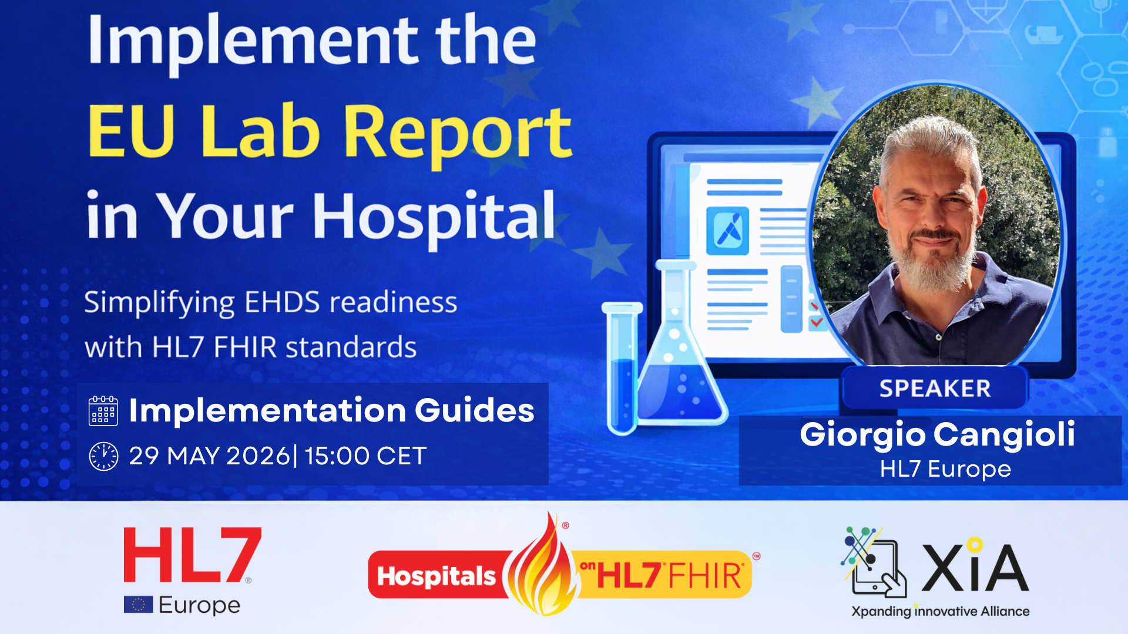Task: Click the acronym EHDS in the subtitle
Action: tap(282, 302)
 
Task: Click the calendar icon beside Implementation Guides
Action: tap(103, 410)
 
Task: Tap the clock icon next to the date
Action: tap(103, 456)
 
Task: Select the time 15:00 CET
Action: tap(365, 456)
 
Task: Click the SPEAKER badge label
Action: tap(934, 389)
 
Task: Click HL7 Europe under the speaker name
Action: tap(945, 469)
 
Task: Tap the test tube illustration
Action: tap(622, 370)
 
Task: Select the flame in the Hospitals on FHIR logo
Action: tap(540, 569)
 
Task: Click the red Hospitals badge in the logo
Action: tap(436, 576)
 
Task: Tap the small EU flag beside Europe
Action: tap(138, 605)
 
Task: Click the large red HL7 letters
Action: tap(192, 555)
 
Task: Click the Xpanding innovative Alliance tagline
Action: tap(940, 611)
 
